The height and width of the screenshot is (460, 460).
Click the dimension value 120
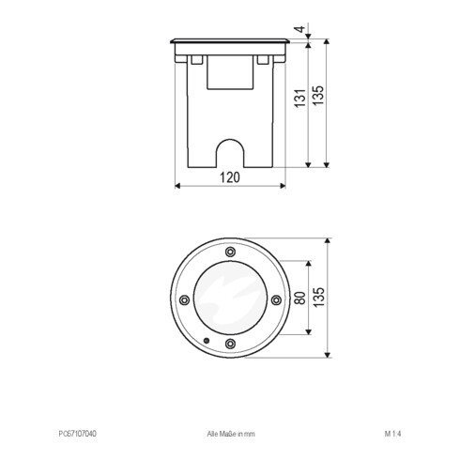(231, 176)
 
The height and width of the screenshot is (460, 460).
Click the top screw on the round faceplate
(231, 251)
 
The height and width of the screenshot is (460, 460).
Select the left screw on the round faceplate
(185, 299)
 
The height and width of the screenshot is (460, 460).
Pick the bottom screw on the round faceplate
(231, 345)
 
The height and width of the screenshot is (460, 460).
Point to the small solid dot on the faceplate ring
(207, 339)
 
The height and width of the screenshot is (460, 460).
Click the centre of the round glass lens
(231, 299)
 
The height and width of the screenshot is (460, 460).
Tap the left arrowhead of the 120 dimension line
(179, 185)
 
